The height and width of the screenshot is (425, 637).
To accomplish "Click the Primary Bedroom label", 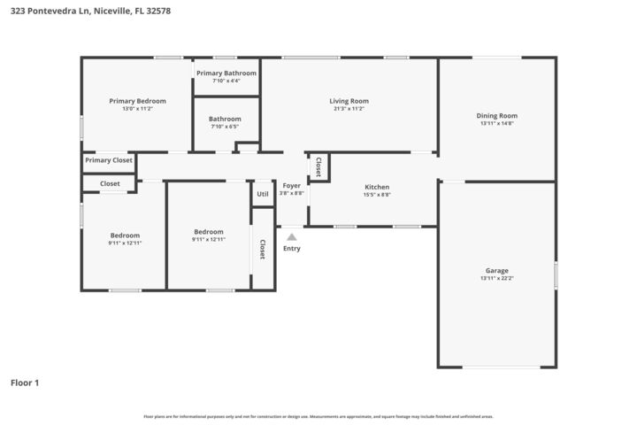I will click(137, 101).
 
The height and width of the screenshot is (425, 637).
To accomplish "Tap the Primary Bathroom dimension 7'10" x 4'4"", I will click(226, 81).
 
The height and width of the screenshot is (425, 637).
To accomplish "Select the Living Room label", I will click(349, 101).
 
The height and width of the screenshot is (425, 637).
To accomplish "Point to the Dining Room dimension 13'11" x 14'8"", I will click(497, 123).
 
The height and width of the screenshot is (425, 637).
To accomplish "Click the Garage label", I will click(496, 270).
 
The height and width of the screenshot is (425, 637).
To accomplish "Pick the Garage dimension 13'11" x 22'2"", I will click(496, 278).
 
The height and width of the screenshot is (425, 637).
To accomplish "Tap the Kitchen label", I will click(377, 187).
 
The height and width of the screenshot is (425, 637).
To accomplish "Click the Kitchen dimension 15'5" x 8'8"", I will click(377, 195).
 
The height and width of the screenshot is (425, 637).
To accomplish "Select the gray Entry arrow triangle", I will click(291, 236).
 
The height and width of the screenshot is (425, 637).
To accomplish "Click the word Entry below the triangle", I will click(291, 248).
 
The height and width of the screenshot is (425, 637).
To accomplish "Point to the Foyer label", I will click(291, 185).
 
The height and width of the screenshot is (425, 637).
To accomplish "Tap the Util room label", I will click(263, 194).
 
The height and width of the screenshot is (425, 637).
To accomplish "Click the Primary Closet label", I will click(109, 160).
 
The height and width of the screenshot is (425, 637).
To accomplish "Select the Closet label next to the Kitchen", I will click(318, 166).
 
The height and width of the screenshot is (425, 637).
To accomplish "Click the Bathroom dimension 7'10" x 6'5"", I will click(225, 127).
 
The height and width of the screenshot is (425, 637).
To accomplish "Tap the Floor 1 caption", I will click(25, 382).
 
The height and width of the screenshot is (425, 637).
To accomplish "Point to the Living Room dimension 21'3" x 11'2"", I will click(349, 109).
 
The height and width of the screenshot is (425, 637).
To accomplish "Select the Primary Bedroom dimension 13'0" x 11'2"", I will click(137, 109).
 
